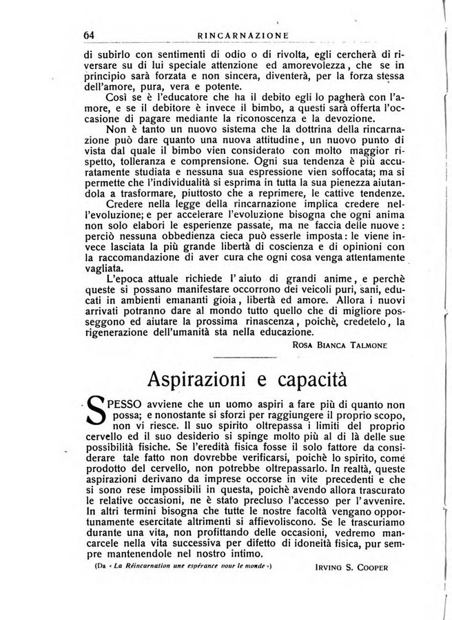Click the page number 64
[88, 35]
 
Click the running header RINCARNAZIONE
[242, 36]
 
